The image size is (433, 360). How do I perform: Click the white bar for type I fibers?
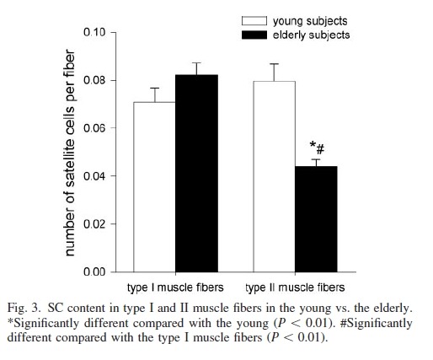click(x=154, y=187)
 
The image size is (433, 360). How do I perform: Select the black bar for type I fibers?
click(x=196, y=174)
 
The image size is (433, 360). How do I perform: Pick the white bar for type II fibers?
click(x=275, y=176)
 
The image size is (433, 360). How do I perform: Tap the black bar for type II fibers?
click(x=316, y=219)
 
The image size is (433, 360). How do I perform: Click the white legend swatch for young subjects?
click(x=254, y=21)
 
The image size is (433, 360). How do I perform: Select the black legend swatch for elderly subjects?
click(x=254, y=35)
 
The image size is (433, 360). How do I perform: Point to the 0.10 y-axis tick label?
click(x=94, y=32)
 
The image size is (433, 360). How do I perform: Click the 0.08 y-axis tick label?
click(x=94, y=80)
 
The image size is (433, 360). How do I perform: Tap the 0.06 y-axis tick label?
click(x=94, y=128)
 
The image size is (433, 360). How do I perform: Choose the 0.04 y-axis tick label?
click(x=94, y=176)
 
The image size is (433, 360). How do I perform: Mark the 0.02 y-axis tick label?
click(x=94, y=224)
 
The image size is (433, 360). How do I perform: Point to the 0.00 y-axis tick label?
click(x=94, y=271)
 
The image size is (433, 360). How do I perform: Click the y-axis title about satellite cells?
click(x=70, y=153)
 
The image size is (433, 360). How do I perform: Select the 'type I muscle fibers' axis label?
click(x=175, y=287)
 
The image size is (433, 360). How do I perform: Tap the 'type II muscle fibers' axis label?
click(x=295, y=287)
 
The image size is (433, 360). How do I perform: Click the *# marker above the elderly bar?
click(x=317, y=148)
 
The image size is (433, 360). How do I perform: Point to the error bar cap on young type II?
click(x=274, y=64)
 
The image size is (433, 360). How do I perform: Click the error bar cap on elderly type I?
click(x=196, y=62)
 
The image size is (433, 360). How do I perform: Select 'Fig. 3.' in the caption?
click(x=24, y=309)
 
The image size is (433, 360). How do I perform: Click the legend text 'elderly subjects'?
click(x=311, y=35)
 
